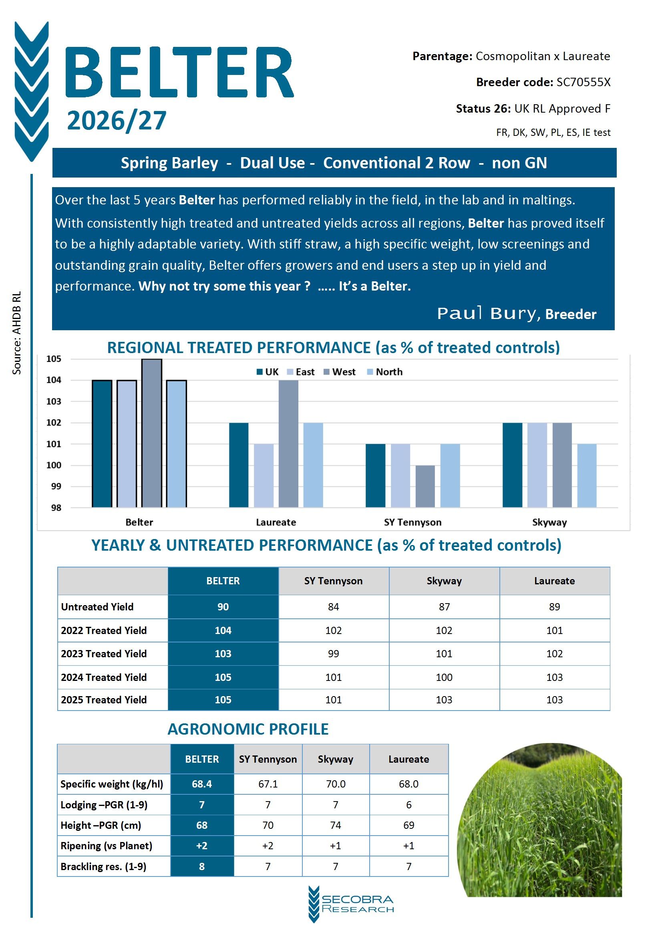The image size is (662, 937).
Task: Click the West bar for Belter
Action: point(152,433)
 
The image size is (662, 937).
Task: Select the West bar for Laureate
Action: point(288,444)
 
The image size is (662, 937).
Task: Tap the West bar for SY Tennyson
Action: point(425,486)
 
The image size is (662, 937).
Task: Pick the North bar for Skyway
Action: point(587,475)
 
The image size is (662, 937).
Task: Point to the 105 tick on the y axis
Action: point(53,359)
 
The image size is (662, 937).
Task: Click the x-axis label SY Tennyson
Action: point(412,522)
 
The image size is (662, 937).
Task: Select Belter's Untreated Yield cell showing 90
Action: point(223,606)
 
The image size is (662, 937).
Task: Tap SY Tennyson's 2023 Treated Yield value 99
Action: point(333,653)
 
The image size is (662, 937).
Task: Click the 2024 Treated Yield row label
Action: point(104,677)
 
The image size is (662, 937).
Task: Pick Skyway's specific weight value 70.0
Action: point(335,784)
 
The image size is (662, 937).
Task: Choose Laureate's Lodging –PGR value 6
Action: point(408,804)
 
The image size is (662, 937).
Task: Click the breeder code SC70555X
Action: point(583,82)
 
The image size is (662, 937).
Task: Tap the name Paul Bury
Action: point(488,313)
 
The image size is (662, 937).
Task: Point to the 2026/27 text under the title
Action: point(117,121)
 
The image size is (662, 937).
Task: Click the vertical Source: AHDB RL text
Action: point(16,333)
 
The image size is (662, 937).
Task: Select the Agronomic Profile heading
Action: point(248,729)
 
